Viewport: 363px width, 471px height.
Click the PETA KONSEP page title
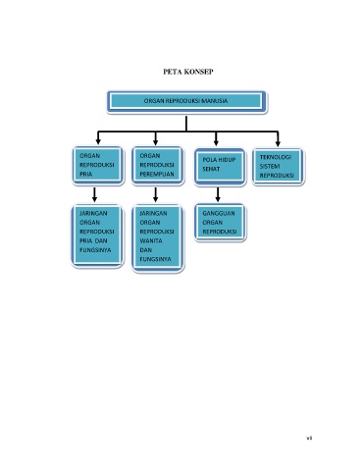pyautogui.click(x=188, y=72)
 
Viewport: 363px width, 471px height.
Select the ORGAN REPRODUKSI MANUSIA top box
pyautogui.click(x=186, y=102)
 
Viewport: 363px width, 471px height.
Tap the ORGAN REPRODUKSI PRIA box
pyautogui.click(x=98, y=166)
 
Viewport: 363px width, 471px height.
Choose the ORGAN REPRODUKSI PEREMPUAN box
pyautogui.click(x=158, y=166)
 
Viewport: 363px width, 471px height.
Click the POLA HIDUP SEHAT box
pyautogui.click(x=220, y=167)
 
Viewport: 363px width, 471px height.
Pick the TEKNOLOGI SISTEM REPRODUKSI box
pyautogui.click(x=279, y=167)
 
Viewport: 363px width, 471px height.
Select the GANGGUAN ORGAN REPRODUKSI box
pyautogui.click(x=220, y=223)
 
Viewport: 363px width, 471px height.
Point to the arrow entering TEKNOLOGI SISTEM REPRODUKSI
pyautogui.click(x=278, y=139)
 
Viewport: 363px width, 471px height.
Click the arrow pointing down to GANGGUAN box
pyautogui.click(x=218, y=194)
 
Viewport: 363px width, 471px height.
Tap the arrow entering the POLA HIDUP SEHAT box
pyautogui.click(x=216, y=138)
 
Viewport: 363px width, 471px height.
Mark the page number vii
pyautogui.click(x=309, y=438)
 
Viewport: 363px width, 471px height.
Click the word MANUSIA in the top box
pyautogui.click(x=215, y=101)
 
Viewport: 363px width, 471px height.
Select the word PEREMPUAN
pyautogui.click(x=157, y=174)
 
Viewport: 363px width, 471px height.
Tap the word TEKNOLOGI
pyautogui.click(x=276, y=157)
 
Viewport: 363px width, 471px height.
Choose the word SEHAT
pyautogui.click(x=211, y=169)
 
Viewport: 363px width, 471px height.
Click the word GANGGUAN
pyautogui.click(x=219, y=213)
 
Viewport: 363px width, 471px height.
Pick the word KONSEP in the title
pyautogui.click(x=198, y=72)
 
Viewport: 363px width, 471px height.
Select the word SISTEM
pyautogui.click(x=270, y=166)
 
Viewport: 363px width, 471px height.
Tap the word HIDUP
pyautogui.click(x=227, y=160)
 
